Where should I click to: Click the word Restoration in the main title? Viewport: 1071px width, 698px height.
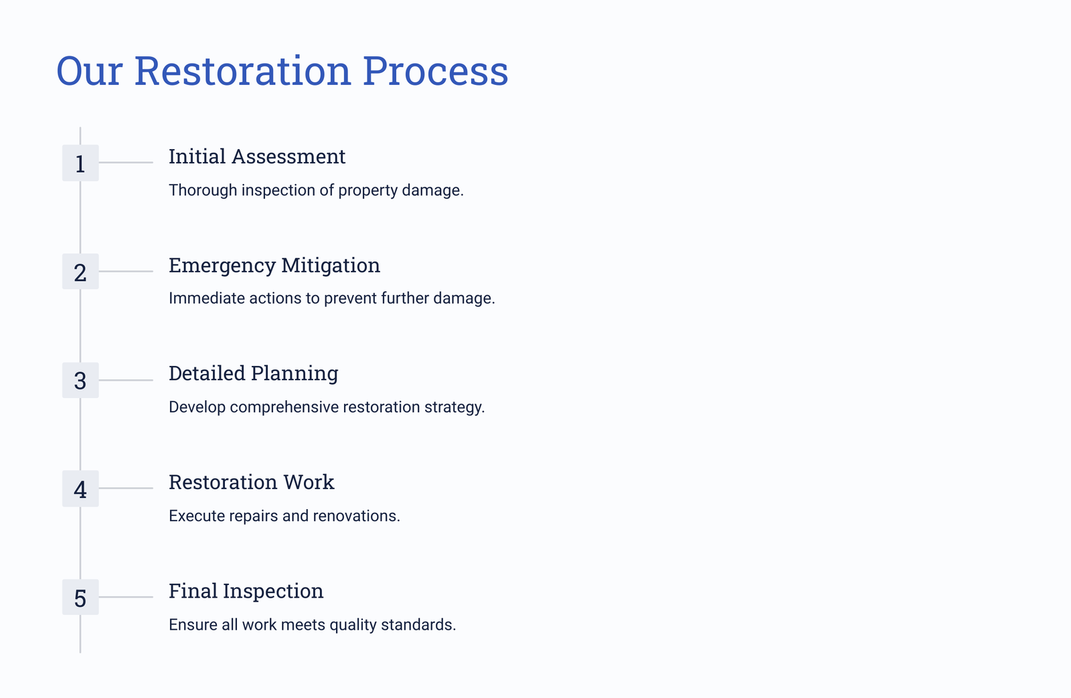click(242, 71)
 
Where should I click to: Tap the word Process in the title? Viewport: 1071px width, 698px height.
click(435, 71)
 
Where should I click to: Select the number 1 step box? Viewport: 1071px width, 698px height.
click(80, 163)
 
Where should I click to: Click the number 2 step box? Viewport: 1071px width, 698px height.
click(80, 272)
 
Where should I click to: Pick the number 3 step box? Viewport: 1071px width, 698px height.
click(80, 380)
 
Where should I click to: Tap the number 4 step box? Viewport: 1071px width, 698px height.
click(80, 489)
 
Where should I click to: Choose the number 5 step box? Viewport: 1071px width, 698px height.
click(80, 597)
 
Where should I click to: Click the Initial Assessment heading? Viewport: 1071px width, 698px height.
click(257, 157)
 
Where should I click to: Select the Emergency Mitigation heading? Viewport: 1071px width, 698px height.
click(274, 266)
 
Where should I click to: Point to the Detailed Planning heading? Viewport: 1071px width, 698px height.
click(254, 374)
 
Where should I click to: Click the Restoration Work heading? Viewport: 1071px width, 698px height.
click(252, 482)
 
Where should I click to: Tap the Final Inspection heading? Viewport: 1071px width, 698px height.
click(246, 592)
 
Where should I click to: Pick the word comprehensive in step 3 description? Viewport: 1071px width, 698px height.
click(284, 408)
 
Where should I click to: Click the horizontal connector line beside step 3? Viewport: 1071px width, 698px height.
click(126, 380)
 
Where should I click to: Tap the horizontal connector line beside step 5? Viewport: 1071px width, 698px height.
click(126, 597)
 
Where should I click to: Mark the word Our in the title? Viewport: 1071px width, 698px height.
click(90, 71)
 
